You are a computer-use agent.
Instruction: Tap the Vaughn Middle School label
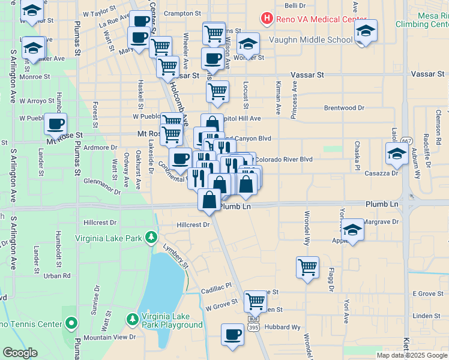(307, 40)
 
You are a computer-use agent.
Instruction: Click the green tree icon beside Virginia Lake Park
(152, 238)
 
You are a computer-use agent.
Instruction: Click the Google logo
(20, 353)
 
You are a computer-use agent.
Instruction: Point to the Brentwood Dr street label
(344, 108)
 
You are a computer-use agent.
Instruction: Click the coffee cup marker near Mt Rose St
(56, 125)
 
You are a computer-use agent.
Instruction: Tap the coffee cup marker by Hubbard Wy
(232, 335)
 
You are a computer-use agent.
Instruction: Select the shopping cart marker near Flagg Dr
(307, 267)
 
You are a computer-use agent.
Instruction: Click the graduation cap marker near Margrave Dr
(352, 229)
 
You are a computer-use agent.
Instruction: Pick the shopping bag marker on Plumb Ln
(209, 199)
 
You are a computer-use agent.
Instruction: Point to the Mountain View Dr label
(110, 337)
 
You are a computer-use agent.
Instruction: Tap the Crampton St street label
(184, 13)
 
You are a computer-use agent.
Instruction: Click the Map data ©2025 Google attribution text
(411, 355)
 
